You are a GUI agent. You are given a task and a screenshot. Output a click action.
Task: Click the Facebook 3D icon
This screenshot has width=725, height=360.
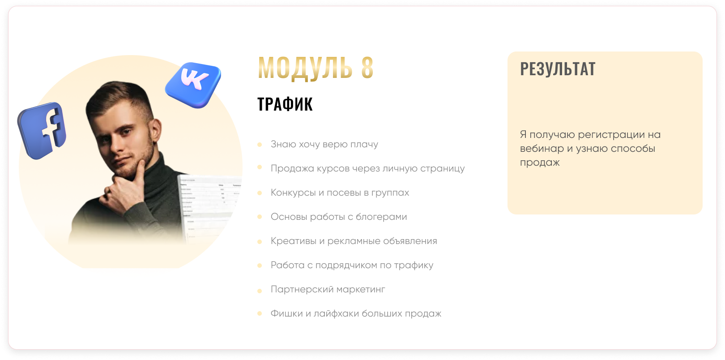[42, 130]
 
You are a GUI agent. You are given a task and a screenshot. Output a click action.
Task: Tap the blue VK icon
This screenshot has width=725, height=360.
[193, 85]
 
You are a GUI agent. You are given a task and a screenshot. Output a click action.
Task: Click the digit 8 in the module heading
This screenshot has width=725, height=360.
[367, 67]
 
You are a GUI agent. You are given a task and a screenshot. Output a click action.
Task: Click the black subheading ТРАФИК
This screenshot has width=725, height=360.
[285, 104]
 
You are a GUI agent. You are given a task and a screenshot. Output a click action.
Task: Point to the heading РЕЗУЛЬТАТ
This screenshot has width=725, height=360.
[558, 69]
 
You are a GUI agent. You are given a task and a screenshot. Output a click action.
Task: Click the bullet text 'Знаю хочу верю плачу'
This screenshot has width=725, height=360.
[324, 144]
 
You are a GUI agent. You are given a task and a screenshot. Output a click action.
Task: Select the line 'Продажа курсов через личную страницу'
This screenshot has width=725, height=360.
[368, 168]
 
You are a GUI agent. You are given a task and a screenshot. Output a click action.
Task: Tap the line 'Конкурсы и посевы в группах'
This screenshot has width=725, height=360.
[340, 193]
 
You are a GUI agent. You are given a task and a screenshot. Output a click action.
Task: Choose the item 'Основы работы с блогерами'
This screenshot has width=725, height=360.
[339, 217]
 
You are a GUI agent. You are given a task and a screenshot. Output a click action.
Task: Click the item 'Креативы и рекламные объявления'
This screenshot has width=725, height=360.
[354, 241]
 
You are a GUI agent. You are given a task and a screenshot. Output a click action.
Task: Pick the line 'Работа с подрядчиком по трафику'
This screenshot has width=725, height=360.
[352, 265]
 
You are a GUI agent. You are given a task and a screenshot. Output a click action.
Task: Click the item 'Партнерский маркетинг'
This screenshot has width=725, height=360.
[328, 289]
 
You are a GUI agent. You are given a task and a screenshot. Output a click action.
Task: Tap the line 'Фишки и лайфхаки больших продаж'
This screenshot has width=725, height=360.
[356, 313]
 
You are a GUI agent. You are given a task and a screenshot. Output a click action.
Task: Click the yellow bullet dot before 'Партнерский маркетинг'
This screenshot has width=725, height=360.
[260, 291]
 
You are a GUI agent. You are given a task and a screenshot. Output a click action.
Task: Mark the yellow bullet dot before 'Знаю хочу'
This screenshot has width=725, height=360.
[260, 144]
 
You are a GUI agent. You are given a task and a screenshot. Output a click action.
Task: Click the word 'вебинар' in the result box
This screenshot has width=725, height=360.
[542, 149]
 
